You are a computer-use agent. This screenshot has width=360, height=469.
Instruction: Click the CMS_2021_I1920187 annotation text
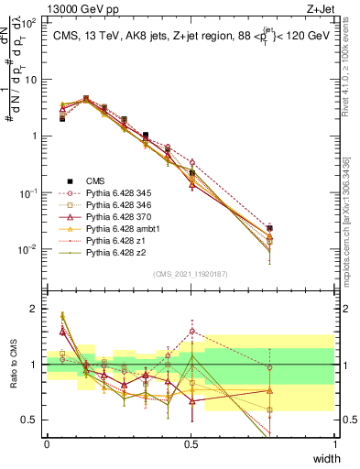point(191,274)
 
